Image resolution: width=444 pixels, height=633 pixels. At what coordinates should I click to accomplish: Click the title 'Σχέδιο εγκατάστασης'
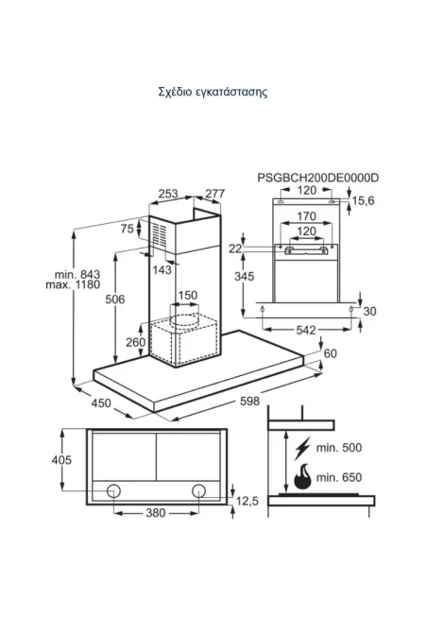213,92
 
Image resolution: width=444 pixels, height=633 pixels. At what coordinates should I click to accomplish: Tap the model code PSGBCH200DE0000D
318,178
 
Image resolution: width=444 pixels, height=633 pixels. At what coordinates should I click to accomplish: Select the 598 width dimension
249,401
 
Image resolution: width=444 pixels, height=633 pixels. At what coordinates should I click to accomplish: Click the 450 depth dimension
101,402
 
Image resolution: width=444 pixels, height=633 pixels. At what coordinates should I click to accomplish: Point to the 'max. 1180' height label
73,284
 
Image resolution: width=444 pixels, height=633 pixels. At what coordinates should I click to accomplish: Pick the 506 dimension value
115,299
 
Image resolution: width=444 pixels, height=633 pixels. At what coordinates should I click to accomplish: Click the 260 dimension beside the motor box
136,342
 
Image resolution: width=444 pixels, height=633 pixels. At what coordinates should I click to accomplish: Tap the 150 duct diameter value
188,295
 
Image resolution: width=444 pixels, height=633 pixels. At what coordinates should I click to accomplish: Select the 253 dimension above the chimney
168,194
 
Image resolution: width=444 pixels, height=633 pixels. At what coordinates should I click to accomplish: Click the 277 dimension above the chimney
214,194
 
